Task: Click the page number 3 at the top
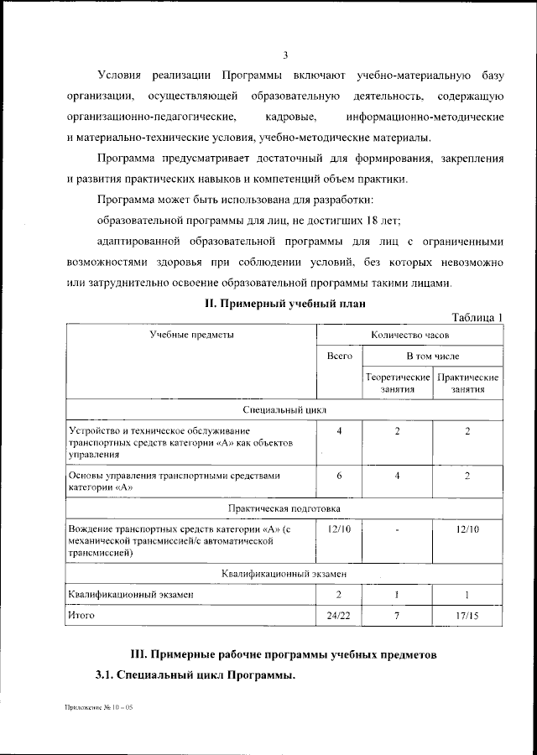click(x=285, y=55)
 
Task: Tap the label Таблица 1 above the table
click(x=477, y=317)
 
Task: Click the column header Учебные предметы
click(x=191, y=334)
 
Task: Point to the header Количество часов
click(x=409, y=334)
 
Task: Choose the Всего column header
click(x=339, y=356)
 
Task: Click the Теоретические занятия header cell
click(x=398, y=383)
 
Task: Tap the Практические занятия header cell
click(x=468, y=383)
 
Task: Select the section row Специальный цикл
click(x=284, y=409)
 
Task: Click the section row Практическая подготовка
click(x=284, y=508)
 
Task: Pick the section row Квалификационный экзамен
click(x=284, y=573)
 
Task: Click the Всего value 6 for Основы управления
click(x=339, y=476)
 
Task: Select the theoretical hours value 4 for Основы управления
click(x=398, y=476)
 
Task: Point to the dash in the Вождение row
click(x=398, y=530)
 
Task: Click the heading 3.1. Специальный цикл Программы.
click(x=196, y=674)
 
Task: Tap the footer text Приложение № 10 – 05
click(x=99, y=709)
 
